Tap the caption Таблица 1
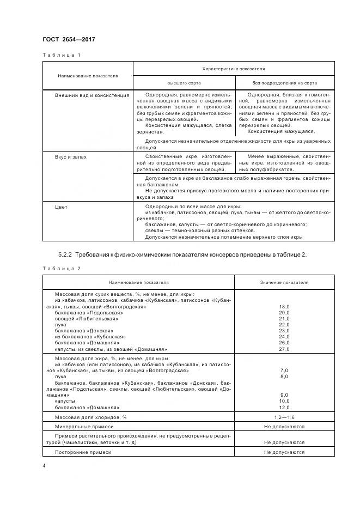click(61, 55)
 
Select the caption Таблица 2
click(61, 268)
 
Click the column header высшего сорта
click(184, 83)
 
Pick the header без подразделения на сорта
click(284, 83)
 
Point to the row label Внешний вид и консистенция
click(92, 95)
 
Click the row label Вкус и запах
click(71, 156)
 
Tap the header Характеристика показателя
click(233, 69)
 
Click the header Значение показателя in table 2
click(284, 283)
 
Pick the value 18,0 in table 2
click(284, 307)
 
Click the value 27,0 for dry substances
click(284, 349)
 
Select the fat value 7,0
click(284, 370)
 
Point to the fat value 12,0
click(284, 407)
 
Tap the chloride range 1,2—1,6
click(284, 417)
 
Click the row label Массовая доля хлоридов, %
click(90, 417)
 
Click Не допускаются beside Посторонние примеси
click(284, 452)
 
